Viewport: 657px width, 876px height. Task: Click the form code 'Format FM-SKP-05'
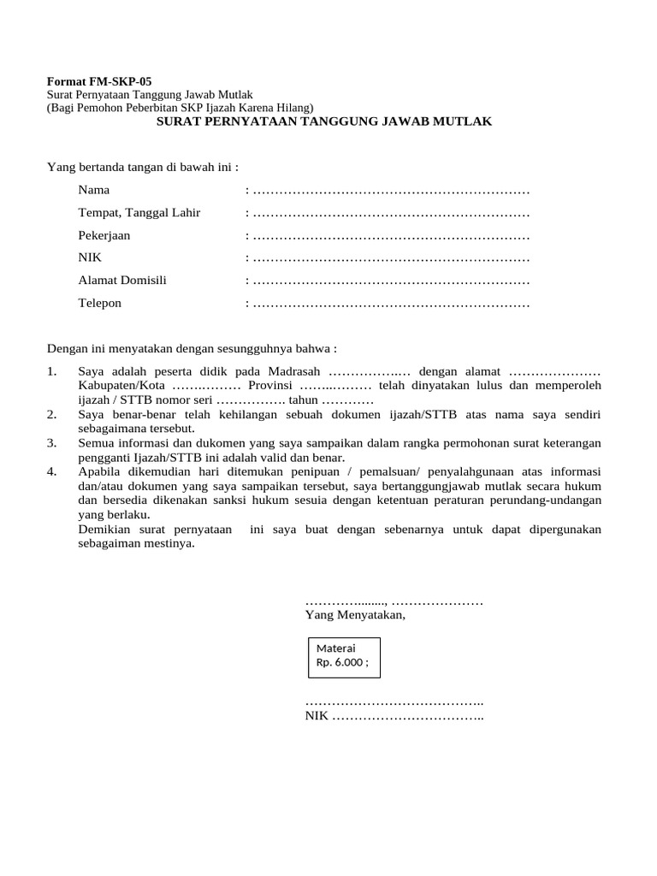[x=98, y=81]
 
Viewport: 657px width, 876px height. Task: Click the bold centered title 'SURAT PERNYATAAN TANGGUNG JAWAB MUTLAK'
[x=323, y=121]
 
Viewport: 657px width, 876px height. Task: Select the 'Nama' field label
[x=94, y=190]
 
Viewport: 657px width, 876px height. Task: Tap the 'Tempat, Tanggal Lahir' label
[x=139, y=212]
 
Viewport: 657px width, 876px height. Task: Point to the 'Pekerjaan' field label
[x=104, y=235]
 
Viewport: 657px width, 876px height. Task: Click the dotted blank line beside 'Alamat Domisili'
[x=391, y=281]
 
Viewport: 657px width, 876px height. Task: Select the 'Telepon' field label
[x=100, y=303]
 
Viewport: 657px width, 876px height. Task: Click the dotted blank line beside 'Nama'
[x=391, y=190]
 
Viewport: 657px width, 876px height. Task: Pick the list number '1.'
[x=52, y=371]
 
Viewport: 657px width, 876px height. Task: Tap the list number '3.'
[x=52, y=443]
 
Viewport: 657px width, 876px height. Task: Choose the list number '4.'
[x=52, y=471]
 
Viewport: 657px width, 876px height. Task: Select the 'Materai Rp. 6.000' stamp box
[x=344, y=655]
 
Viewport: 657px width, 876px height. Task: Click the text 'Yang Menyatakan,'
[x=355, y=614]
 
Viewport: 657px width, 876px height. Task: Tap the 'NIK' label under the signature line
[x=317, y=716]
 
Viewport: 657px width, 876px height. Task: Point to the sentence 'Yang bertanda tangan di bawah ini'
[x=141, y=166]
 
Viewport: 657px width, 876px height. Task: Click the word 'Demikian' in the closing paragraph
[x=102, y=530]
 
